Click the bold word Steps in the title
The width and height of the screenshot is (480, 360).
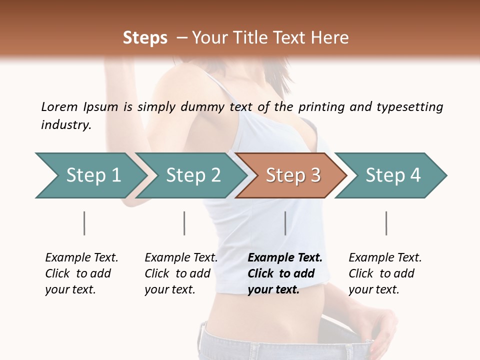pos(145,38)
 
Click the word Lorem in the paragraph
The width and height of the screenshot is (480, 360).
pos(59,106)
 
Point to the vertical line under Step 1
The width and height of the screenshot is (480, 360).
pos(84,223)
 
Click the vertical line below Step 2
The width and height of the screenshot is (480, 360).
pos(184,223)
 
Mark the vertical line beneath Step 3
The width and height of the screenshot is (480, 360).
pos(285,223)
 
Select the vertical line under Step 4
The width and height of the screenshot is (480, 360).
pos(386,223)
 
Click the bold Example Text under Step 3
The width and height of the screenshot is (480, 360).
pos(285,257)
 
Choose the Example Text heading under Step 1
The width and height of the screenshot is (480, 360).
pos(81,257)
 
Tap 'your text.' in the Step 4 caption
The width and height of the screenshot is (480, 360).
pos(373,289)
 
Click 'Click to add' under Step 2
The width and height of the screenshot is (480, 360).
pos(177,273)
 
